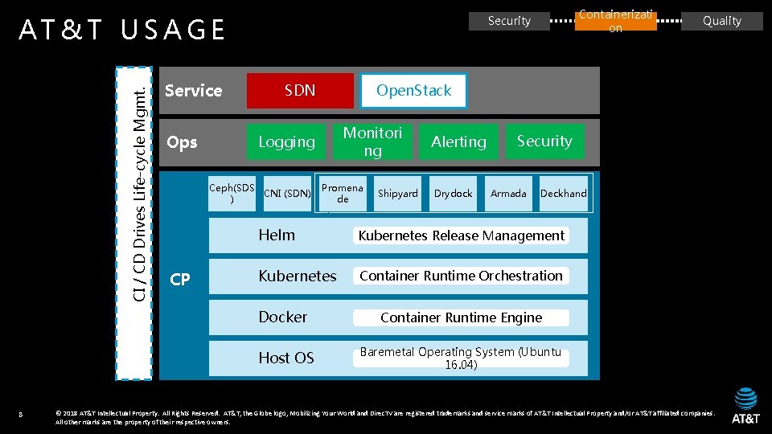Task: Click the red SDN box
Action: coord(300,91)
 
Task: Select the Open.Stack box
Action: coord(413,91)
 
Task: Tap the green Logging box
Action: coord(286,141)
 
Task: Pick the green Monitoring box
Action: coord(372,141)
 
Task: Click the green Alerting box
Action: coord(458,141)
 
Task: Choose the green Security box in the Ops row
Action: coord(544,141)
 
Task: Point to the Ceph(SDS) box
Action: coord(232,193)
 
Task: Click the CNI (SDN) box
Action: coord(287,193)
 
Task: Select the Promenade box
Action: coord(343,193)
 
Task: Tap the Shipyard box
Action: coord(398,193)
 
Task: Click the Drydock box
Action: coord(454,193)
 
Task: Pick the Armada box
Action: coord(508,193)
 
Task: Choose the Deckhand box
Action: coord(563,193)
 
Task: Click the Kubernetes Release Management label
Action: coord(461,235)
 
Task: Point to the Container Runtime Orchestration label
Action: coord(461,276)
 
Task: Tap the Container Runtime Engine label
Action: coord(461,317)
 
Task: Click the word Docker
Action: coord(282,317)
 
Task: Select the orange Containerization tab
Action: coord(615,21)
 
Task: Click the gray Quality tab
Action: coord(721,21)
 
